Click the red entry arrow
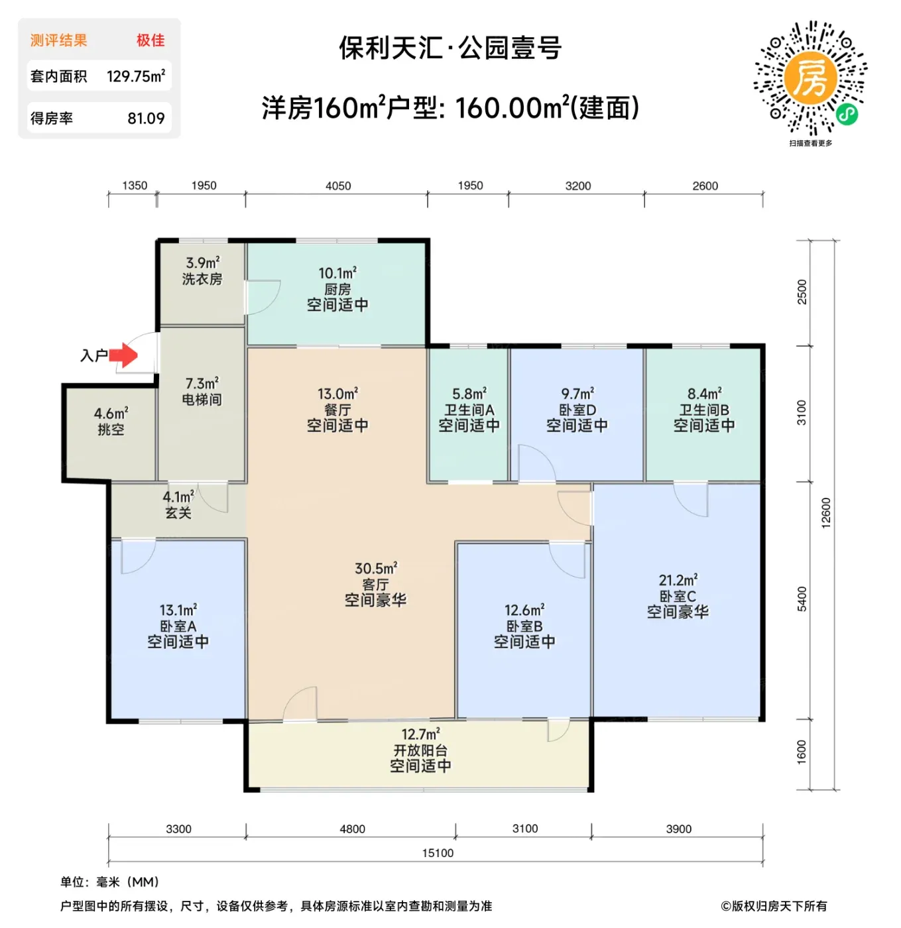[x=123, y=355]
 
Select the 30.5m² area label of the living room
[x=375, y=568]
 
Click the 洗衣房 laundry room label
[x=202, y=278]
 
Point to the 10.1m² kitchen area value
[x=337, y=273]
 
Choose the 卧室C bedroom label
[x=678, y=596]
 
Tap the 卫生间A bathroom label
[x=469, y=410]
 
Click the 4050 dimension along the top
[x=337, y=186]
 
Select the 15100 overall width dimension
[x=438, y=852]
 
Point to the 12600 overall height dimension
[x=825, y=512]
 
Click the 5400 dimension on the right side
[x=802, y=599]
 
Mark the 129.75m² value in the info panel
[x=136, y=76]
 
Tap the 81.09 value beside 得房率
[x=146, y=118]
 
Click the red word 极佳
[x=150, y=40]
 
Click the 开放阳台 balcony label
[x=420, y=750]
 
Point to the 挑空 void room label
[x=111, y=429]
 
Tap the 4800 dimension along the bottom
[x=352, y=829]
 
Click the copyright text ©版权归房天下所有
[x=773, y=905]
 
